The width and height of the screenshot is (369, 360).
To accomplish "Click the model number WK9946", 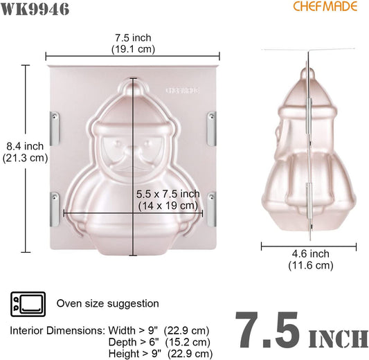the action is [35, 10].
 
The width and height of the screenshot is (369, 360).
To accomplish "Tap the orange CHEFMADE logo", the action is [325, 6].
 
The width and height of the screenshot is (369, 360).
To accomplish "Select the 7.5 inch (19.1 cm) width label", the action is [133, 44].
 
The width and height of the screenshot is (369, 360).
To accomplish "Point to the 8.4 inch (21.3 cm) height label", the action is [25, 152].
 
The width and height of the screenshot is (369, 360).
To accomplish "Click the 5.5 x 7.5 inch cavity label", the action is [168, 200].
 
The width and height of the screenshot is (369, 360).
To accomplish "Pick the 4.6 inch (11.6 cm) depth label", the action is [311, 260].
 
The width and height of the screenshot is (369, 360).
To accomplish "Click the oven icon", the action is [28, 304].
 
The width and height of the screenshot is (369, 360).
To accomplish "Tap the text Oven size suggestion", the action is [107, 303].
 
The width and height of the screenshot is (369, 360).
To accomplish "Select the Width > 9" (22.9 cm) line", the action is [159, 331].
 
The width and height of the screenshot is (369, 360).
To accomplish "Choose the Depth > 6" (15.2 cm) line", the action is [159, 342].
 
